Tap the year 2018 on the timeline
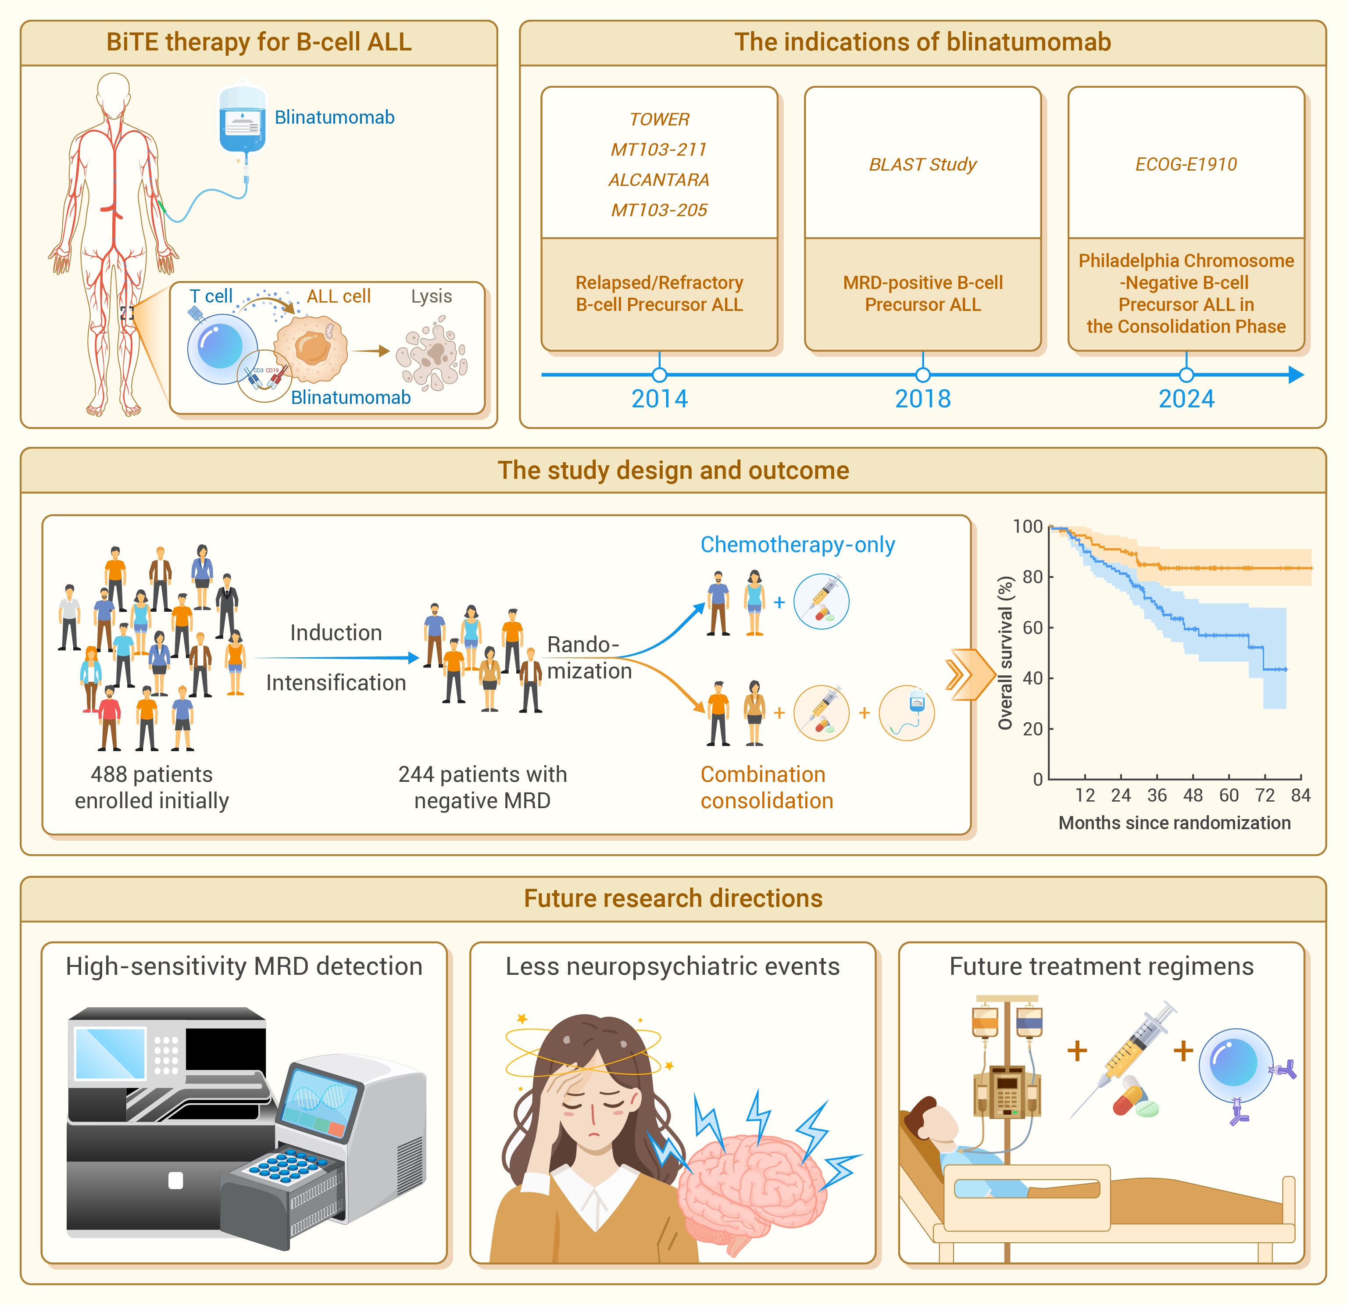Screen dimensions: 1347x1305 pos(922,399)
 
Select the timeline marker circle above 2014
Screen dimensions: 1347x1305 pos(659,374)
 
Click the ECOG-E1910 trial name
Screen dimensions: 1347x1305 pos(1186,164)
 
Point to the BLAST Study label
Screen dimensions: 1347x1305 pos(922,164)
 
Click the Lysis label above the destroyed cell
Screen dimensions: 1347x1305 pos(432,296)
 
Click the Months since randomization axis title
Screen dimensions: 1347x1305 pos(1175,823)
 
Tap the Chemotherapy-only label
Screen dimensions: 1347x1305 pos(797,544)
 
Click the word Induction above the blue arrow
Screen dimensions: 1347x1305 pos(336,632)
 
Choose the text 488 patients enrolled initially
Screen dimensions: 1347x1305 pos(152,788)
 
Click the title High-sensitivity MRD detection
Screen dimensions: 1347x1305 pos(244,966)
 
